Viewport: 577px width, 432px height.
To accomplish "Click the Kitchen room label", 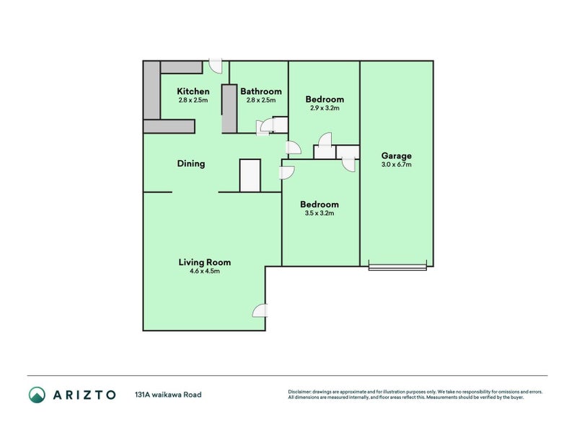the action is pos(193,91).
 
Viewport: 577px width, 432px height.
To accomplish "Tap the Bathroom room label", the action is pos(261,91).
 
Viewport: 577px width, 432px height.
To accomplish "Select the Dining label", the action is pos(191,163).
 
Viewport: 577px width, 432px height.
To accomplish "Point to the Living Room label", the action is pos(205,262).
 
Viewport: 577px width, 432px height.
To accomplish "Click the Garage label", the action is pos(396,156).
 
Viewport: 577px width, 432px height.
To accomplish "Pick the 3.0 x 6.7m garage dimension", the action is pos(396,165).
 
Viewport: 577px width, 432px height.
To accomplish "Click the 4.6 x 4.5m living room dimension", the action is pos(205,271).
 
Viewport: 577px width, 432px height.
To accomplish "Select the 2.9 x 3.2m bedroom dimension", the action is pos(325,108).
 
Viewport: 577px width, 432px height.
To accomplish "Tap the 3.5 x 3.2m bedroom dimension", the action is pos(320,213).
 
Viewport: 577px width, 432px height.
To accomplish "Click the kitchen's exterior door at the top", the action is pos(216,66).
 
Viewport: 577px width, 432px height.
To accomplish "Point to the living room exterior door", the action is pos(260,311).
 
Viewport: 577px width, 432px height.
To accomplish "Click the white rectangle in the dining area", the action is pos(250,176).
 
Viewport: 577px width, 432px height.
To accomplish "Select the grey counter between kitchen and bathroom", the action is pos(229,109).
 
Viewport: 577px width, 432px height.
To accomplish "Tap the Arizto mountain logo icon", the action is pos(38,395).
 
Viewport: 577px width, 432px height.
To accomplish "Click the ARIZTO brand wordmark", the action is pos(84,395).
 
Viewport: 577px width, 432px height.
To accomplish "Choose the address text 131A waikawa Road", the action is pos(168,395).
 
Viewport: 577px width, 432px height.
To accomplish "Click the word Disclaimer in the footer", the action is pos(299,392).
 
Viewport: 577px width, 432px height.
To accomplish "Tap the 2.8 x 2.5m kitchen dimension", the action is pos(193,100).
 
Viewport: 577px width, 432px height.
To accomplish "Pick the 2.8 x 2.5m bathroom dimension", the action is pos(261,100).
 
